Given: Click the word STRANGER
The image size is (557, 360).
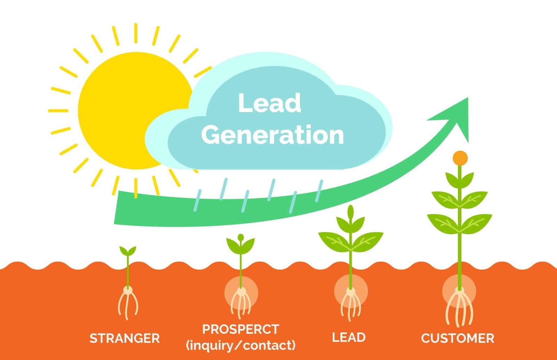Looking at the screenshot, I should [x=124, y=338].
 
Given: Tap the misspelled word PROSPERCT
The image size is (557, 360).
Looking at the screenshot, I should [x=241, y=329].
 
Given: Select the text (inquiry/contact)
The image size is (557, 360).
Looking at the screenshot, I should [x=241, y=345].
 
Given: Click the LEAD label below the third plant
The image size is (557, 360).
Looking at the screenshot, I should [x=348, y=337].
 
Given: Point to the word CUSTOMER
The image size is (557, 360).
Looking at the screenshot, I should [x=457, y=338].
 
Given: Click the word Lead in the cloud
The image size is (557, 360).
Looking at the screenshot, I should [x=269, y=103].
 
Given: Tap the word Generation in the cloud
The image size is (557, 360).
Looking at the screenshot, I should [x=273, y=135].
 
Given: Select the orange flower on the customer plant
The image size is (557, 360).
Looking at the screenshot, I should [x=460, y=158].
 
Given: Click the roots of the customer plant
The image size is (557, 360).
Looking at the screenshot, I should [x=460, y=308].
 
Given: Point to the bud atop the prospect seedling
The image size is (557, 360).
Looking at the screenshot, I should [x=241, y=237].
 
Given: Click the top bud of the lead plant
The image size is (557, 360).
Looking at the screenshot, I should [x=351, y=211].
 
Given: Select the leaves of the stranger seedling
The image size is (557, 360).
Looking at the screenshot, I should [x=128, y=250].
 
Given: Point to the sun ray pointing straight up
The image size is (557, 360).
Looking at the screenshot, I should [x=135, y=33].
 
